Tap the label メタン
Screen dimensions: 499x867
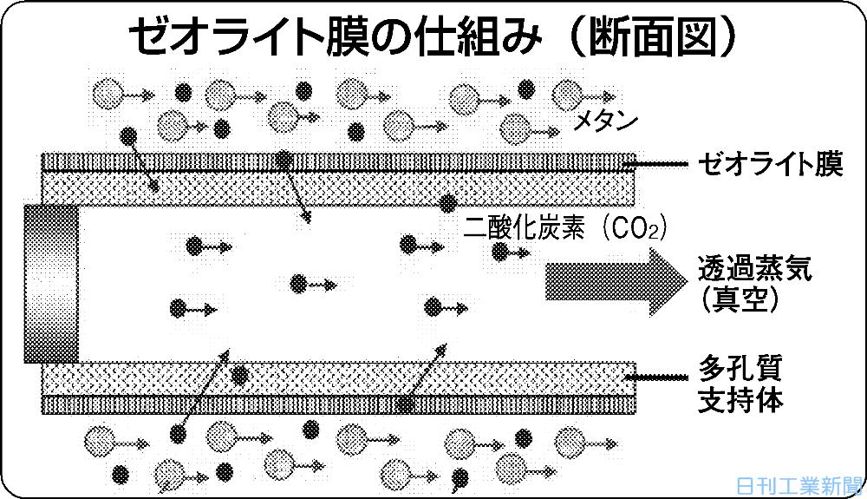tap(606, 121)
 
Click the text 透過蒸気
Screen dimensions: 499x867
tap(755, 269)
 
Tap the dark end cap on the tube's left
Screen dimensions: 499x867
tap(52, 283)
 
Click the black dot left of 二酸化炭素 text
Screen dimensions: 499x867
tap(448, 204)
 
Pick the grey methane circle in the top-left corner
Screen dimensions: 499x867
tap(108, 90)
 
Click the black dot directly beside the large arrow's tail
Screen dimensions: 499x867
tap(501, 251)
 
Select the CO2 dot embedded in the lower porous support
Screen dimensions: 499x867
tap(240, 375)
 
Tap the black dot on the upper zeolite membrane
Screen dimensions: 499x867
tap(284, 160)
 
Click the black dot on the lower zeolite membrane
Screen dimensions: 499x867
tap(405, 404)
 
